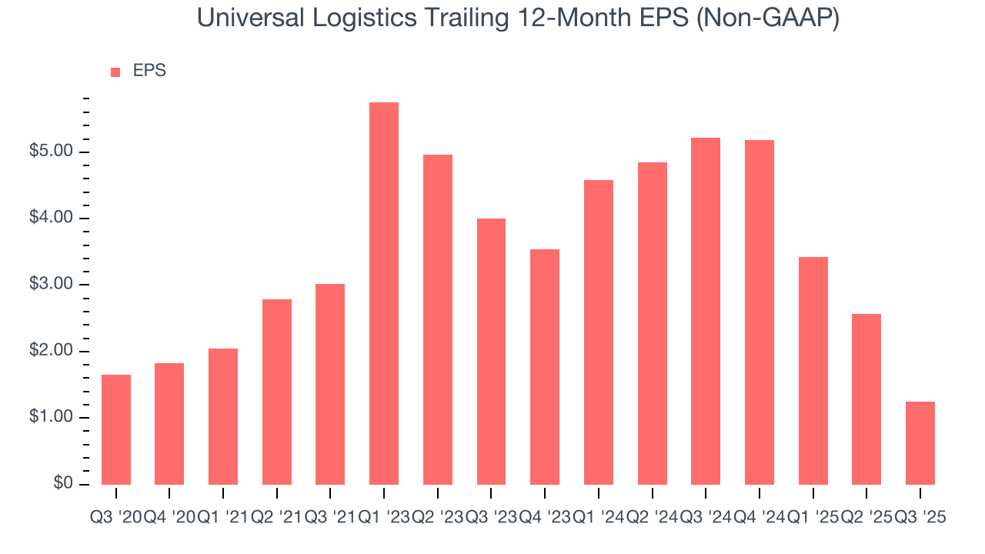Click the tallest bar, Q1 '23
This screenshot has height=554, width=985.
(x=384, y=293)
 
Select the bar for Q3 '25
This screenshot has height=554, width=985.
(x=920, y=443)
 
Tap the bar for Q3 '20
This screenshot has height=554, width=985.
(x=116, y=429)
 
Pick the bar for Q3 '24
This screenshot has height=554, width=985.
(x=706, y=311)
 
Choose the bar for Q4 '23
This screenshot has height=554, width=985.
(x=545, y=367)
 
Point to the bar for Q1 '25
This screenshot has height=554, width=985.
(x=813, y=371)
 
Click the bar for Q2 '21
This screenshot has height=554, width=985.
(x=277, y=392)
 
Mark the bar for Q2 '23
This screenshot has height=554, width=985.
(x=438, y=319)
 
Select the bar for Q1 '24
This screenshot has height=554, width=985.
(x=599, y=332)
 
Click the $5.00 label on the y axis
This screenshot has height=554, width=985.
(x=52, y=152)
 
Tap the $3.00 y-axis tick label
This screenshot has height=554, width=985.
(x=52, y=285)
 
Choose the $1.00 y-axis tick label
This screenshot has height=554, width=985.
(x=52, y=418)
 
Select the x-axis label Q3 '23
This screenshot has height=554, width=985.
(x=492, y=518)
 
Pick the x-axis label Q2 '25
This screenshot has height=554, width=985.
(x=866, y=518)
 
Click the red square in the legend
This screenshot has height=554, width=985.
(x=115, y=72)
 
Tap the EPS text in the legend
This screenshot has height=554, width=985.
(x=149, y=71)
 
